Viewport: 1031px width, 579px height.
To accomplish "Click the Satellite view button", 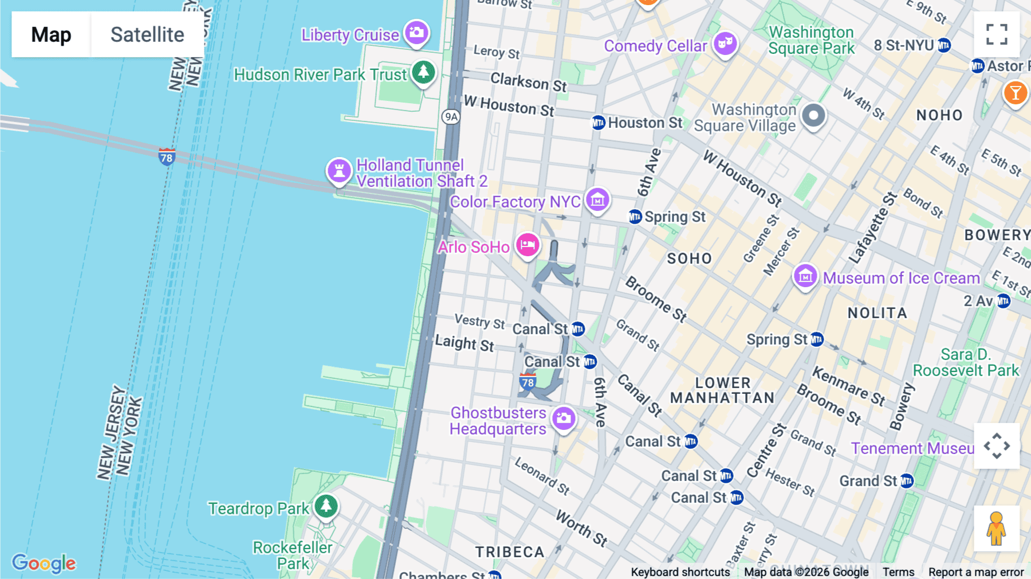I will [147, 34].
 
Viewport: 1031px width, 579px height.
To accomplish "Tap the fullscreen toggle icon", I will [997, 34].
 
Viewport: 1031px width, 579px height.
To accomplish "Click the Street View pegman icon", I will [997, 528].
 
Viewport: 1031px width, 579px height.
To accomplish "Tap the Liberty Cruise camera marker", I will [416, 33].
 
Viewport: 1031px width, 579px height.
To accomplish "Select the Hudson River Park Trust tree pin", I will [423, 73].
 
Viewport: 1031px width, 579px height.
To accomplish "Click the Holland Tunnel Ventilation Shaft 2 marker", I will [339, 171].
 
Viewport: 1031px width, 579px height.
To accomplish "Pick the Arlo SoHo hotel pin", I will [528, 245].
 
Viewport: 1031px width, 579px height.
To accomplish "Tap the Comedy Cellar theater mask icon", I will [725, 44].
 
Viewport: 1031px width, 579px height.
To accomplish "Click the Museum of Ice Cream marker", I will [805, 277].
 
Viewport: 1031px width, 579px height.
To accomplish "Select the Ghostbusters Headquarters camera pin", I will [564, 418].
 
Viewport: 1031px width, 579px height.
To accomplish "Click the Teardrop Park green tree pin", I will [326, 506].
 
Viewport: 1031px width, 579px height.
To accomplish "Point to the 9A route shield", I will [451, 117].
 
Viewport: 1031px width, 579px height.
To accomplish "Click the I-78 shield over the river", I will [167, 157].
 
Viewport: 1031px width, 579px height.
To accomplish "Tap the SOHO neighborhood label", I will [689, 259].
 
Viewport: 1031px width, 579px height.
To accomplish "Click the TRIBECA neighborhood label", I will [510, 552].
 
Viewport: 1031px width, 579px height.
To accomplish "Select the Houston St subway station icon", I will [599, 123].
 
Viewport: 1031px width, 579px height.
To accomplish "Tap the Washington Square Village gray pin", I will [813, 116].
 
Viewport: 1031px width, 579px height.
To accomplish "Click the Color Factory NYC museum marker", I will [597, 200].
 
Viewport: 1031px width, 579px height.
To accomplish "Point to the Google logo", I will [44, 563].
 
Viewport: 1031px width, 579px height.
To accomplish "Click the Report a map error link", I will [976, 572].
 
